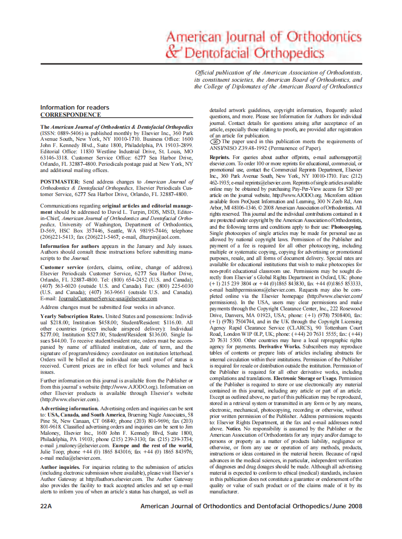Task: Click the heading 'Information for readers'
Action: point(74,107)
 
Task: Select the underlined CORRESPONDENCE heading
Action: point(70,115)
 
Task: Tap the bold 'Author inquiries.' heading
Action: point(60,466)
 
